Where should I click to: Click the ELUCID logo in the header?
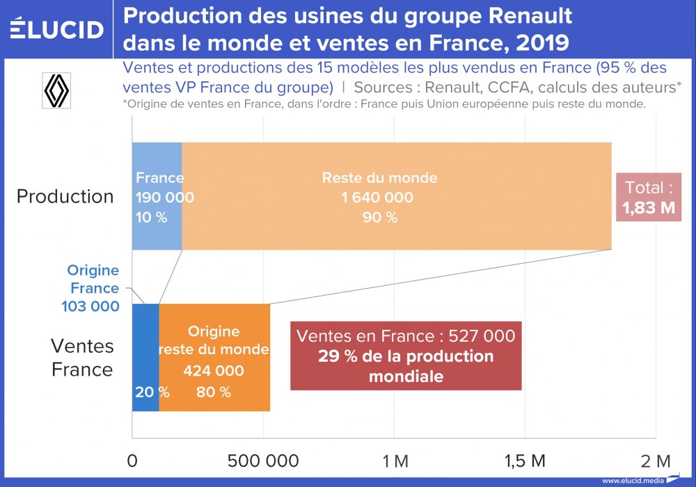click(56, 29)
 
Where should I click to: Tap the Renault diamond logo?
click(57, 90)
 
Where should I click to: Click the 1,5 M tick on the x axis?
click(525, 461)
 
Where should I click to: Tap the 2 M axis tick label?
click(655, 461)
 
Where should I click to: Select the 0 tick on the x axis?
click(133, 461)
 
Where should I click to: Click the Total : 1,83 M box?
click(648, 198)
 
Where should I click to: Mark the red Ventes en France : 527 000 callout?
click(406, 356)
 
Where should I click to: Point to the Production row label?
click(65, 196)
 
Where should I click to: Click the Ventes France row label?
click(82, 358)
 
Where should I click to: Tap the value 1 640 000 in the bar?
click(377, 198)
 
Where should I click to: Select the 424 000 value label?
click(214, 371)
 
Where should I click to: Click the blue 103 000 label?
click(90, 306)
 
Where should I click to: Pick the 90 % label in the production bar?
click(380, 217)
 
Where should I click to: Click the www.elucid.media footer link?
click(633, 480)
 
